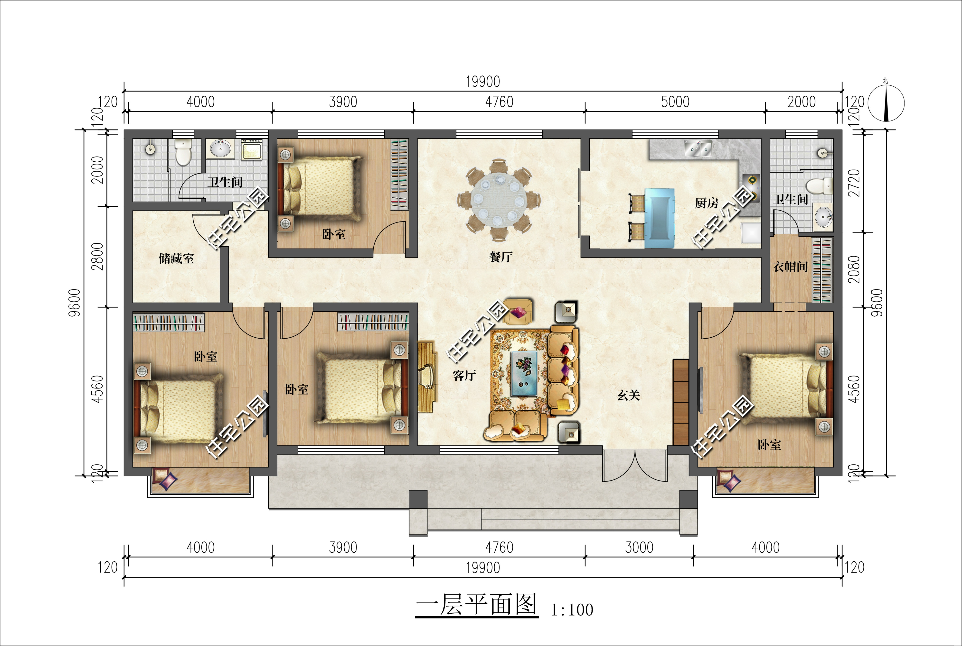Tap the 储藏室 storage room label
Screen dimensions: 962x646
click(x=176, y=258)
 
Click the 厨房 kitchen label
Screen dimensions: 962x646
click(x=707, y=203)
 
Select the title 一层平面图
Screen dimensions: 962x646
click(x=477, y=605)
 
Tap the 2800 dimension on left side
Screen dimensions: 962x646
click(x=97, y=256)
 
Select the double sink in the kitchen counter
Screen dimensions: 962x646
click(x=698, y=148)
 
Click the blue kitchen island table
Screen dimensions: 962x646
click(x=660, y=218)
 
